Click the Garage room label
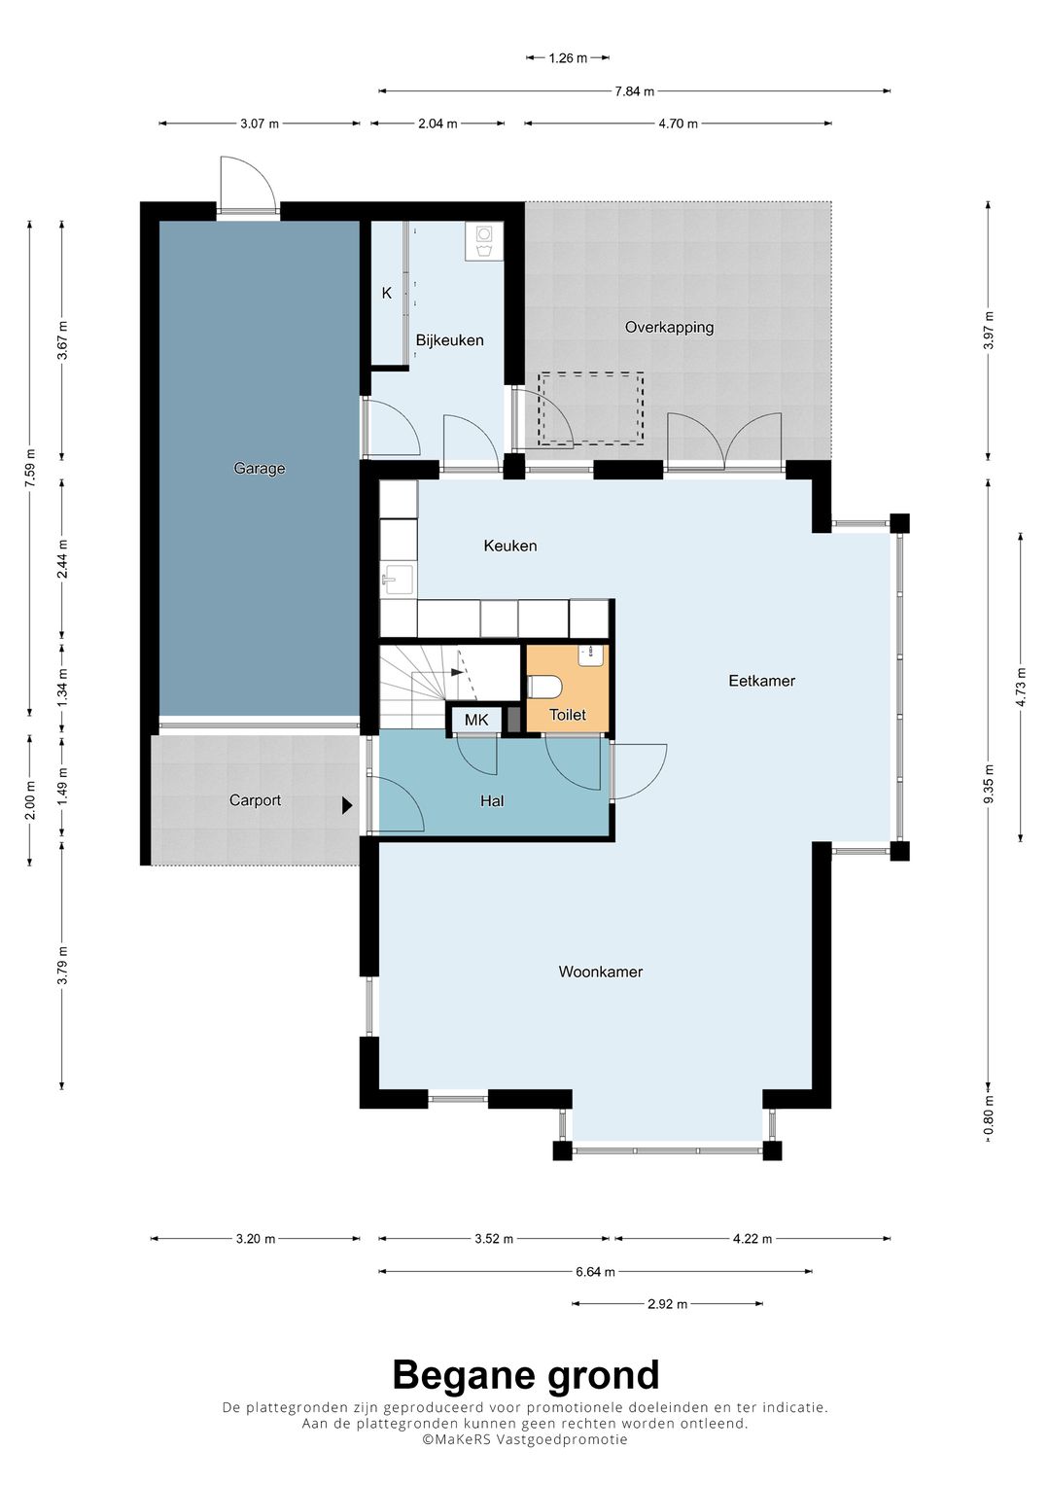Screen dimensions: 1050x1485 point(260,468)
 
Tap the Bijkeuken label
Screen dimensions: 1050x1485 point(449,340)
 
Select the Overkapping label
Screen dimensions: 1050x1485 point(670,327)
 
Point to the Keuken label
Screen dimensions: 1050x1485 point(510,546)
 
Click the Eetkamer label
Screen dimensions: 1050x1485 point(761,680)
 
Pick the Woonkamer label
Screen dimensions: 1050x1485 point(601,972)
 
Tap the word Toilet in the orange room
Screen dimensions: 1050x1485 point(568,715)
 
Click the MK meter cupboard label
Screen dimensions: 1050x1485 point(476,720)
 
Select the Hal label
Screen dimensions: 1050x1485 point(493,801)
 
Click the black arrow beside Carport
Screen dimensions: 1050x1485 point(347,805)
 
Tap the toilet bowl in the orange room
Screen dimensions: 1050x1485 point(544,687)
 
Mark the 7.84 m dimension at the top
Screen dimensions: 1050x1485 point(634,90)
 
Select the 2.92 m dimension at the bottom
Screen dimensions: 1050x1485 point(668,1304)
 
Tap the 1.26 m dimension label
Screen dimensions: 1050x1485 point(568,58)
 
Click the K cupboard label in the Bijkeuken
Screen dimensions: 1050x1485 point(387,293)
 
